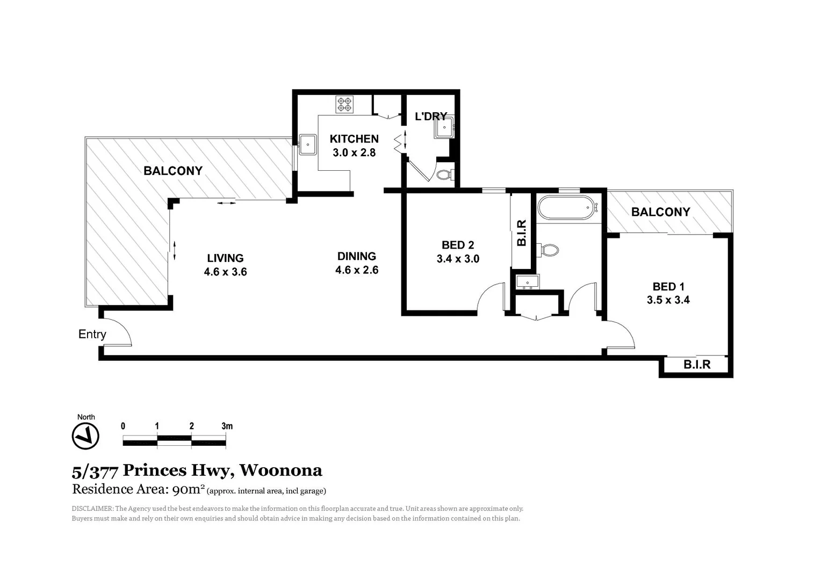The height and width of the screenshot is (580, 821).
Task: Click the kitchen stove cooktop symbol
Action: click(344, 104)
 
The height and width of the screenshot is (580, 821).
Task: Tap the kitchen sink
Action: click(308, 144)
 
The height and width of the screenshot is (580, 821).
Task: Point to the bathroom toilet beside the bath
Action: click(549, 250)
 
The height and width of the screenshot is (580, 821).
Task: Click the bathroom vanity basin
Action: click(527, 282)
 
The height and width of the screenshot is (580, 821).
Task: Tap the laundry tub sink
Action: click(444, 128)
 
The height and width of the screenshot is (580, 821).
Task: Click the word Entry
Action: click(92, 334)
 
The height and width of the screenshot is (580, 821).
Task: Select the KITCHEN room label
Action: click(354, 139)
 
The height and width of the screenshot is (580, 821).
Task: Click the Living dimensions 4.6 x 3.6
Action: click(225, 272)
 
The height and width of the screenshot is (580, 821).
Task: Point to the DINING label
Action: click(357, 256)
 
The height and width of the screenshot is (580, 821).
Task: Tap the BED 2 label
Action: click(458, 245)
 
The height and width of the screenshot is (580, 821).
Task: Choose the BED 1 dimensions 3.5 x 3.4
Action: click(668, 300)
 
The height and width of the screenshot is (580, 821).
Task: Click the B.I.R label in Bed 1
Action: click(697, 365)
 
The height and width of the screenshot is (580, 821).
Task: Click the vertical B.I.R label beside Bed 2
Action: click(522, 233)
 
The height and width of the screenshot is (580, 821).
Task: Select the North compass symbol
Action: click(85, 436)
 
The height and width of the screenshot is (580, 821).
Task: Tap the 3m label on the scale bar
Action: click(227, 426)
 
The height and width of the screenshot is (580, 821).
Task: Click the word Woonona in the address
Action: click(280, 470)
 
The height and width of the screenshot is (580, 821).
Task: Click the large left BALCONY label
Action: click(173, 171)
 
